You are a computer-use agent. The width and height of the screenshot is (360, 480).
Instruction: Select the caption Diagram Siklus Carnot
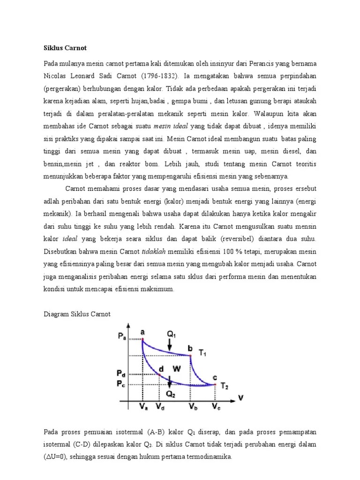pos(77,314)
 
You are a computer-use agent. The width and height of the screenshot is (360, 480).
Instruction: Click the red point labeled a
pos(142,339)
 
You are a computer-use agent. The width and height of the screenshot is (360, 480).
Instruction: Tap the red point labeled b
pos(190,356)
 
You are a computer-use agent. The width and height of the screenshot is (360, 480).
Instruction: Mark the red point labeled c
pos(215,385)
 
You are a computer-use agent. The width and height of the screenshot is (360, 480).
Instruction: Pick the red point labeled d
pos(160,375)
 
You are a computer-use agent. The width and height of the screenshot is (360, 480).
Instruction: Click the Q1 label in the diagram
pos(171,334)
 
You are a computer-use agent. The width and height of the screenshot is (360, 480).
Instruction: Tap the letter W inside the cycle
pos(177,369)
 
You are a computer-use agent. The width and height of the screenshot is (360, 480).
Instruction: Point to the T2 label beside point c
pos(225,386)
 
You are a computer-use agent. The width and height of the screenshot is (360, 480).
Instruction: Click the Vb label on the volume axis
pos(192,408)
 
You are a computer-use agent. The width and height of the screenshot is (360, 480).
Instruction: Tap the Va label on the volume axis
pos(143,408)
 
